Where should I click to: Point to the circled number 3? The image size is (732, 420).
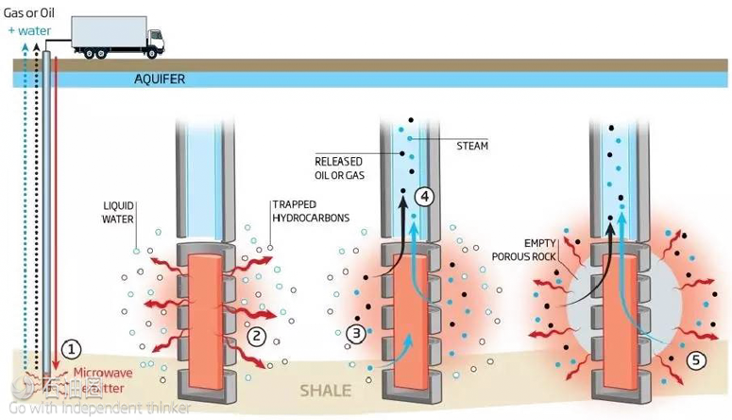coord(356,333)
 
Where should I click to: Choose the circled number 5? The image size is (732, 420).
coord(693,359)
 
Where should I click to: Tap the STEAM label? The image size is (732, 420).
coord(472,147)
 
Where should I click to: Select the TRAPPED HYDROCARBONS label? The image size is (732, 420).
coord(311,211)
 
